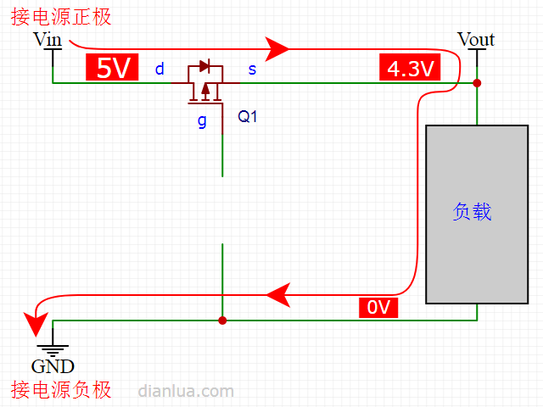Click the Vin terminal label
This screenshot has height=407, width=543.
pyautogui.click(x=48, y=39)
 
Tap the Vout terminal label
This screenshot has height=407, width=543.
pyautogui.click(x=476, y=39)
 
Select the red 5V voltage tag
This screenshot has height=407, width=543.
pyautogui.click(x=112, y=67)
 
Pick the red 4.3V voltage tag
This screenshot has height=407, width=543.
pyautogui.click(x=410, y=67)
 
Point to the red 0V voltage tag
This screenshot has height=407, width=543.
pyautogui.click(x=378, y=307)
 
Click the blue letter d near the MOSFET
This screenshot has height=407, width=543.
pyautogui.click(x=160, y=69)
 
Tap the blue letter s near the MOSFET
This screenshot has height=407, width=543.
pyautogui.click(x=252, y=70)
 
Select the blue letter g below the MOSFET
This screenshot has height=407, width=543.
pyautogui.click(x=202, y=121)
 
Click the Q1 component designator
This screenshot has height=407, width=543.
pyautogui.click(x=247, y=116)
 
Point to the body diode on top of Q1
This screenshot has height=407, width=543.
pyautogui.click(x=205, y=66)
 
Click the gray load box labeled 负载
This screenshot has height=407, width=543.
pyautogui.click(x=477, y=215)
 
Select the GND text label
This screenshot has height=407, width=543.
pyautogui.click(x=53, y=366)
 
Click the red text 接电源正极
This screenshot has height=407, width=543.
pyautogui.click(x=61, y=17)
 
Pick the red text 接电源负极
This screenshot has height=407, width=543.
pyautogui.click(x=61, y=390)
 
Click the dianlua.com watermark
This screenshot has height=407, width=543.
pyautogui.click(x=186, y=391)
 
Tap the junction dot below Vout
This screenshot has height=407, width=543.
pyautogui.click(x=477, y=83)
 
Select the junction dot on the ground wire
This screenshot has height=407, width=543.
pyautogui.click(x=222, y=321)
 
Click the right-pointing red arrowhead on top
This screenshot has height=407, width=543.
pyautogui.click(x=277, y=49)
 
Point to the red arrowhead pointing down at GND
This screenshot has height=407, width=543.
pyautogui.click(x=36, y=324)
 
